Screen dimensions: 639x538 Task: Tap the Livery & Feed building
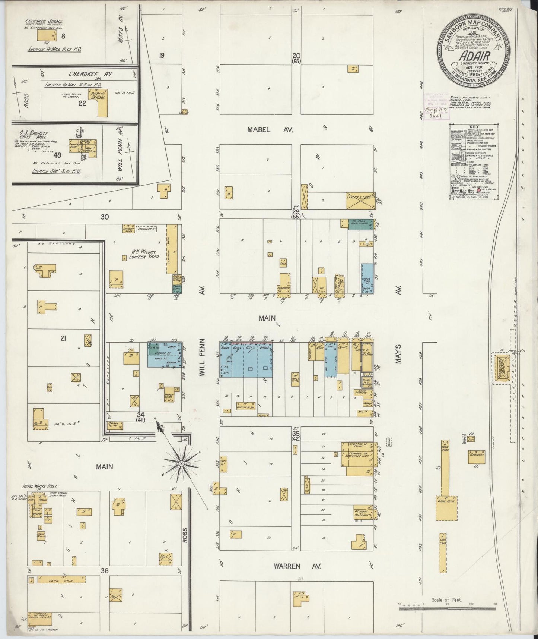(x=360, y=201)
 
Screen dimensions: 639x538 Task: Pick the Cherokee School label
(x=44, y=22)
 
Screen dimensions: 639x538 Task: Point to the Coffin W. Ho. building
(x=245, y=406)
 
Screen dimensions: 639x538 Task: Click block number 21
(x=63, y=338)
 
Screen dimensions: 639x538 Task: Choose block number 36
(x=105, y=570)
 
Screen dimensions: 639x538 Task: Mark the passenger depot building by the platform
(x=500, y=368)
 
